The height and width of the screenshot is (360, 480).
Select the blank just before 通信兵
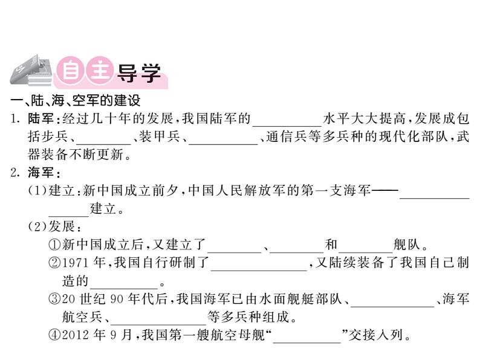click(x=223, y=138)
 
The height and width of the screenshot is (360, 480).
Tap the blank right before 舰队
click(x=365, y=247)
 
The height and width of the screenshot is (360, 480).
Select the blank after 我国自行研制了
click(x=258, y=265)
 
